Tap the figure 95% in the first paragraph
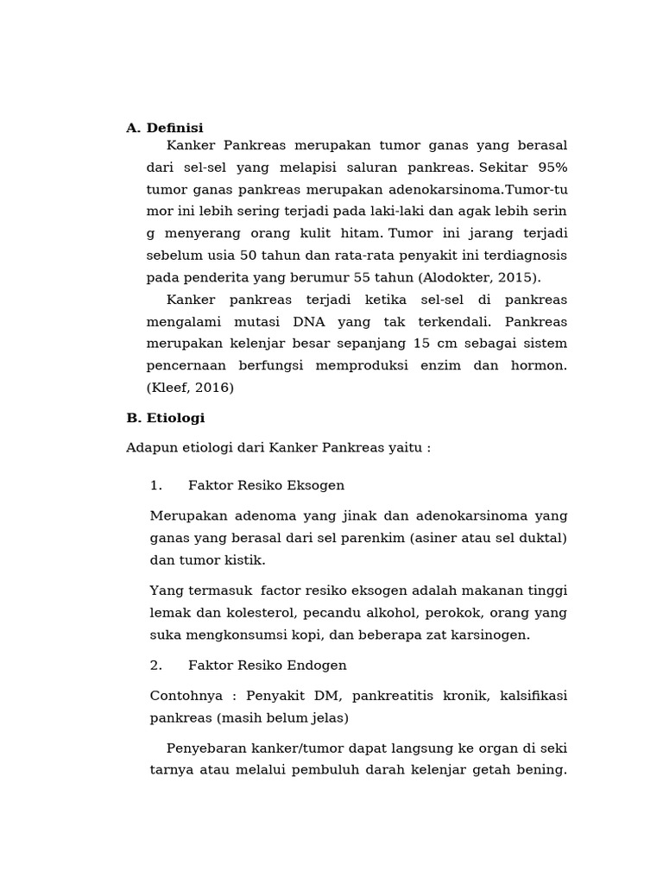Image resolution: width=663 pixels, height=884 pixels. coord(552,167)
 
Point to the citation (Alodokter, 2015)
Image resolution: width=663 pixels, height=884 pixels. coord(479,277)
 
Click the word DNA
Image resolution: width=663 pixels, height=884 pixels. coord(308,321)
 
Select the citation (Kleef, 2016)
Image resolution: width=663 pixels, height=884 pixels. coord(190,388)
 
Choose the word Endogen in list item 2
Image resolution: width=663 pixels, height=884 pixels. coord(314,665)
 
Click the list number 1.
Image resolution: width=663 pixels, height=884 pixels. coord(155,485)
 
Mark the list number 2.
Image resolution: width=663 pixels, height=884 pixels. coord(155,665)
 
